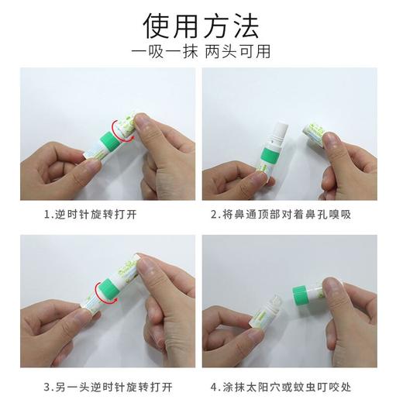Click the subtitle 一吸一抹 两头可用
[x=201, y=53]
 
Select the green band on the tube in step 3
[x=105, y=294]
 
